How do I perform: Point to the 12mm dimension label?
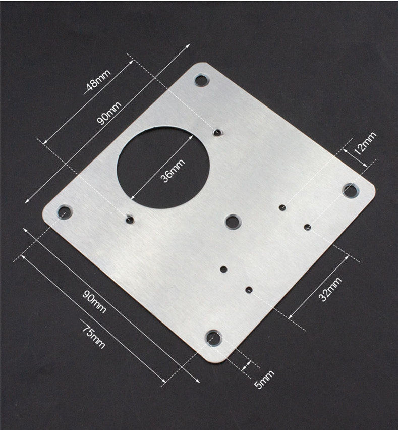pos(364,144)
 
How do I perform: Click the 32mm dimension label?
pos(330,289)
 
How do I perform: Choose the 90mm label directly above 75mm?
pos(94,301)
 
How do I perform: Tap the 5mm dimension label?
pos(264,380)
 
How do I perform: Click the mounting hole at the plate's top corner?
pos(201,80)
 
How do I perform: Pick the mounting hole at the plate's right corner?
pos(350,190)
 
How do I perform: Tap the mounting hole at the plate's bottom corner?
pos(214,338)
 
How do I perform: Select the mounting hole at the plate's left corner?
pos(65,212)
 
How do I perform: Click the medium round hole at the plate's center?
pos(233,221)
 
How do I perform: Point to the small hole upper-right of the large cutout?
pos(218,132)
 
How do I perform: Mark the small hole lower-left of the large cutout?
pos(130,220)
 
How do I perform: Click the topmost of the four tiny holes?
pos(282,207)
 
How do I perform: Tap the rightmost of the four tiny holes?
pos(307,227)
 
